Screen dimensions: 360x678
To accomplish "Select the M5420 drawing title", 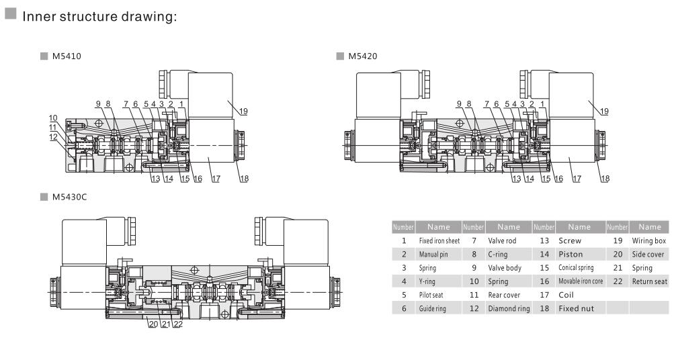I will tap(362, 56).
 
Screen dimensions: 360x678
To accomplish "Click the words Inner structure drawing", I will tap(99, 16).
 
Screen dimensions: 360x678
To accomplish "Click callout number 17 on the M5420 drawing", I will tap(576, 179).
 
